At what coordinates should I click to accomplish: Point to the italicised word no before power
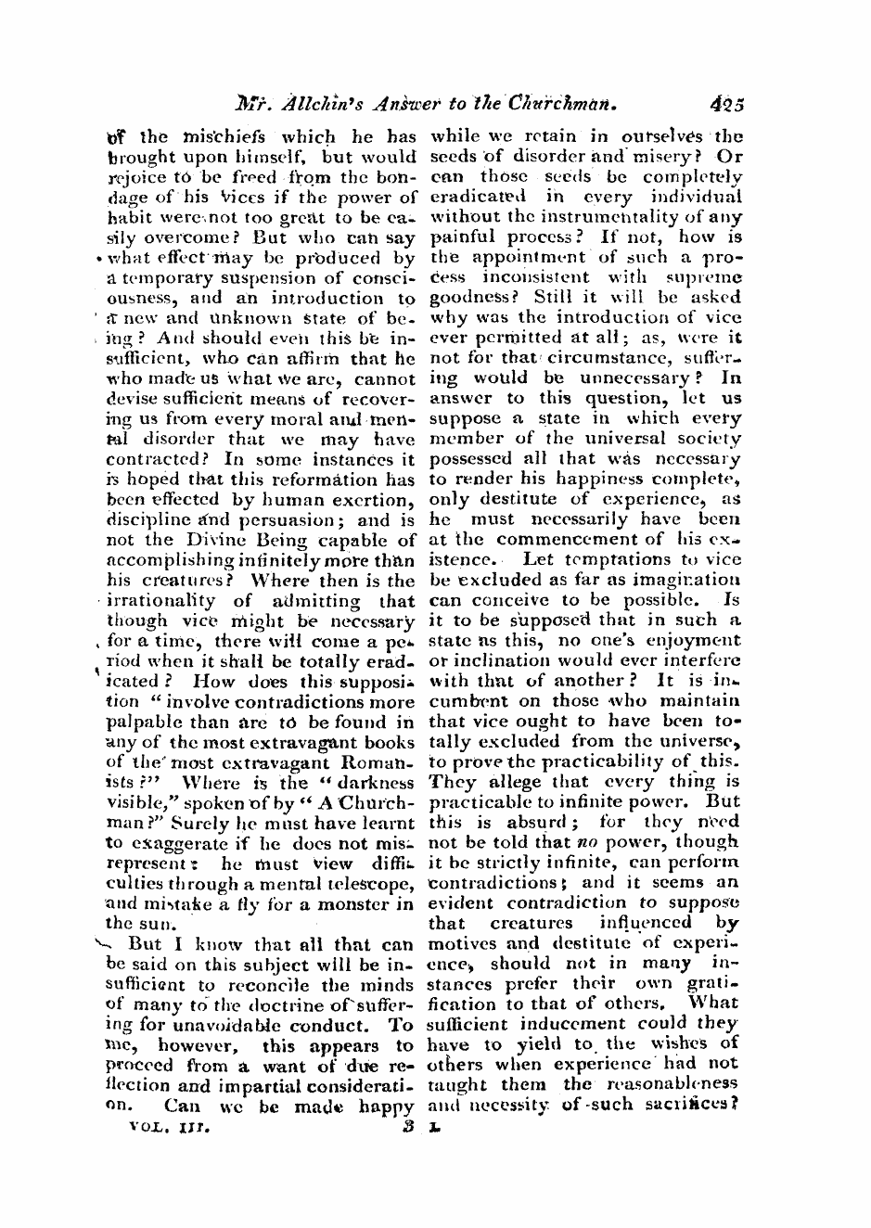(x=584, y=843)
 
